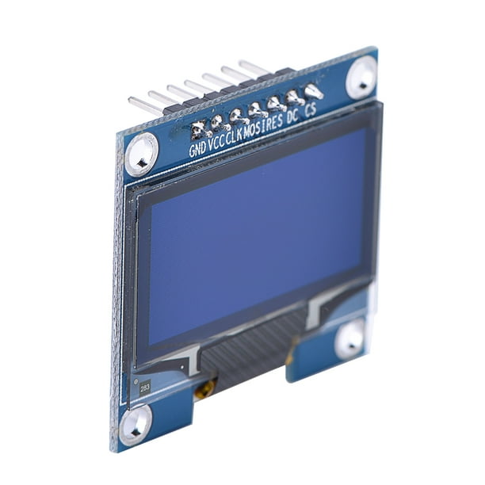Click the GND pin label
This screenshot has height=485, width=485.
(x=197, y=148)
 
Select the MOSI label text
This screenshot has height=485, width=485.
(x=256, y=128)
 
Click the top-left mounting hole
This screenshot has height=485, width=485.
(x=142, y=152)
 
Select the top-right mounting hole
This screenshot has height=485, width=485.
(x=362, y=76)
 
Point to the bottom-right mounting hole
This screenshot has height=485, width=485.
(x=350, y=341)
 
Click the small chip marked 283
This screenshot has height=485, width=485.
(x=145, y=388)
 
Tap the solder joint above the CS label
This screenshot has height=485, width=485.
(x=313, y=92)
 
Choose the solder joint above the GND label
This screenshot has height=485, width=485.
(x=198, y=129)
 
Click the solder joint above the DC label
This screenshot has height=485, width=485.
(x=294, y=97)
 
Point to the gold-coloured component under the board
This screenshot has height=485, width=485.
(x=205, y=388)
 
